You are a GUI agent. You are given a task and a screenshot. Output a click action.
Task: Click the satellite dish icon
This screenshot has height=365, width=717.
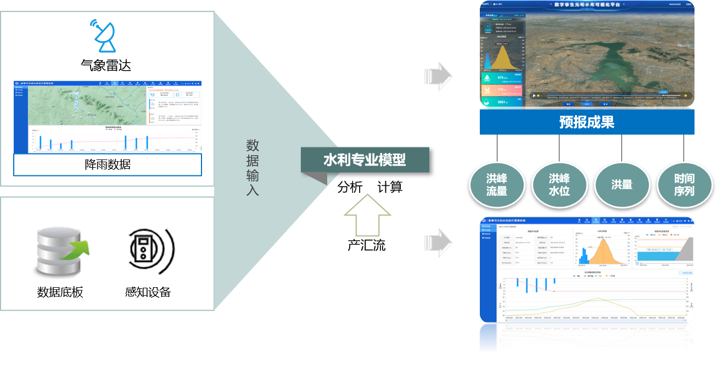point(105,36)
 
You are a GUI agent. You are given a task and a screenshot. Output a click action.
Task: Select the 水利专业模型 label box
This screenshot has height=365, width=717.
point(365,160)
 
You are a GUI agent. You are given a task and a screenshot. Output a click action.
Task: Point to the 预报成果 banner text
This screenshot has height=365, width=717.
point(586,122)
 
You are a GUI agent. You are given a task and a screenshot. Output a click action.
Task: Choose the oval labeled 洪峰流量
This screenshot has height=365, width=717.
point(497,185)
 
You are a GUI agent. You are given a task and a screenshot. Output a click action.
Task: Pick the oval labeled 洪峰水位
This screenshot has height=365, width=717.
point(559,185)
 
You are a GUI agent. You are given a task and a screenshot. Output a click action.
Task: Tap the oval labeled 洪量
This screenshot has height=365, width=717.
point(621,185)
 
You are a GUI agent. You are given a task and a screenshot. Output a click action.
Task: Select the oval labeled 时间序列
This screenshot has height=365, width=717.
point(684,185)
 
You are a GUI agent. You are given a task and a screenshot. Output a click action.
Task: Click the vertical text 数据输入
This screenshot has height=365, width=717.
point(253,168)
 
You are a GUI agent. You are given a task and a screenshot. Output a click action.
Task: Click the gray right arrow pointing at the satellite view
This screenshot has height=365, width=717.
point(438,73)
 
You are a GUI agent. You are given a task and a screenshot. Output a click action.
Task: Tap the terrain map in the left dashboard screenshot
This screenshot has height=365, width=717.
point(88,105)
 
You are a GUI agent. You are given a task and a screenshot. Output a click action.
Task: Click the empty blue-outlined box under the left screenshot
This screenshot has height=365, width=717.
point(108,164)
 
